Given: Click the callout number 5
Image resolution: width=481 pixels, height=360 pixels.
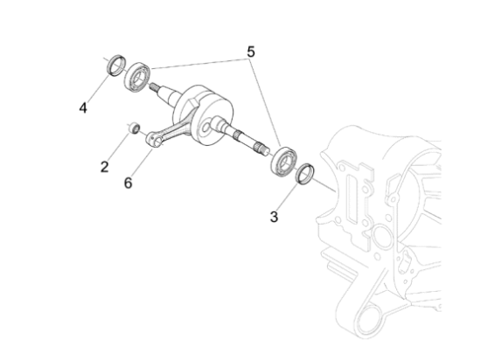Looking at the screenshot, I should [x=251, y=52].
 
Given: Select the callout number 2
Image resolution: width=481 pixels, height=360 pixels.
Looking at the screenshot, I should [x=104, y=166].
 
